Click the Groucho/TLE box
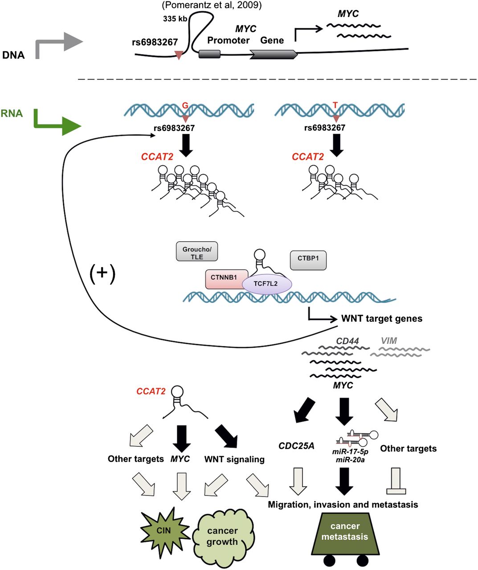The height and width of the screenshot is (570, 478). (x=196, y=252)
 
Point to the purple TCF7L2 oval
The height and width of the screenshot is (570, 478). (x=266, y=284)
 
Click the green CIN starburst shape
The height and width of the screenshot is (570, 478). (x=164, y=531)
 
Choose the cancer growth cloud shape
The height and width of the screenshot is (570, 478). (x=222, y=536)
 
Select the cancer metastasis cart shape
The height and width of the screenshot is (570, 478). (x=345, y=533)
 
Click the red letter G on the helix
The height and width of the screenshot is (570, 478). (x=186, y=106)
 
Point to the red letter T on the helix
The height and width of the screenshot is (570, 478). (x=335, y=106)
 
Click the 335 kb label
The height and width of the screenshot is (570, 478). (x=175, y=20)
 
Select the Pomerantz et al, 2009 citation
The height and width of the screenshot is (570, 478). (x=212, y=5)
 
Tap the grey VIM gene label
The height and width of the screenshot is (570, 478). (x=389, y=341)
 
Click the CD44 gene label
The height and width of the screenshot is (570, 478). (x=347, y=341)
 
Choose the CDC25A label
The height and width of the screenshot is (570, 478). (x=296, y=446)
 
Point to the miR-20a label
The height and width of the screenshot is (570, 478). (x=350, y=460)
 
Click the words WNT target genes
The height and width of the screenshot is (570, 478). (x=382, y=318)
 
